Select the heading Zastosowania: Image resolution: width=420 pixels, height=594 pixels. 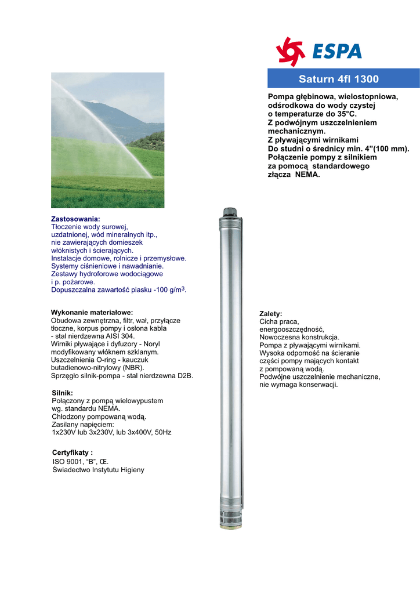pyautogui.click(x=75, y=219)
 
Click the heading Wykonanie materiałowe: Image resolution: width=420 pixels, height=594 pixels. pyautogui.click(x=92, y=312)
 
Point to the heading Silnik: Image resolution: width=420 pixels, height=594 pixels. pyautogui.click(x=63, y=393)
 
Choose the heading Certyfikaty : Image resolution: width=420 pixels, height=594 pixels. pyautogui.click(x=73, y=452)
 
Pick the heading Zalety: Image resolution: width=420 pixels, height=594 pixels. pyautogui.click(x=270, y=314)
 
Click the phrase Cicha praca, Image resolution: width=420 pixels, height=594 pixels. pyautogui.click(x=279, y=321)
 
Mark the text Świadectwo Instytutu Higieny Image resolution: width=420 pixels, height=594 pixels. pyautogui.click(x=98, y=470)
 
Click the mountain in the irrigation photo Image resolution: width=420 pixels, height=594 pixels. pyautogui.click(x=116, y=116)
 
